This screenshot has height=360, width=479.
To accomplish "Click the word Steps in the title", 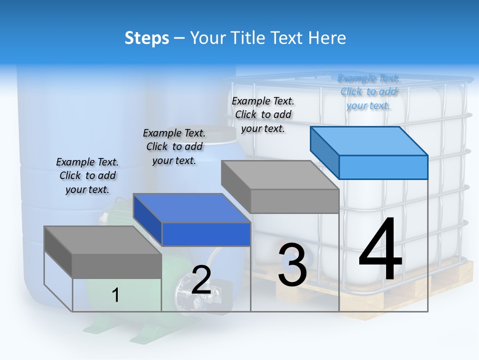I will click(147, 38).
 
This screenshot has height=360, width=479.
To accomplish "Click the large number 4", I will click(380, 250).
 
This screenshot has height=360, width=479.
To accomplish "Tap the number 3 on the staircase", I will click(292, 265).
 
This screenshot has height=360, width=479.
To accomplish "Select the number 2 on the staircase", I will click(201, 280).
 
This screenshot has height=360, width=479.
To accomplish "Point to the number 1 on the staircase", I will click(115, 295).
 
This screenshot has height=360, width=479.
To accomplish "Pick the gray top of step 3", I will click(279, 175).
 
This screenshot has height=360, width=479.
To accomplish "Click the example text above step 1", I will click(87, 175).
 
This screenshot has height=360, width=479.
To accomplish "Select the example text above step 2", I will click(174, 146).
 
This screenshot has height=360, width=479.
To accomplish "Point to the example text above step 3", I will click(263, 114).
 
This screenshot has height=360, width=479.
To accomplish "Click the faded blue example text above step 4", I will click(368, 91).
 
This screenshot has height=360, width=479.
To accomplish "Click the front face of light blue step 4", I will click(383, 167).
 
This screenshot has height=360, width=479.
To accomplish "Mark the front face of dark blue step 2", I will click(206, 234).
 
